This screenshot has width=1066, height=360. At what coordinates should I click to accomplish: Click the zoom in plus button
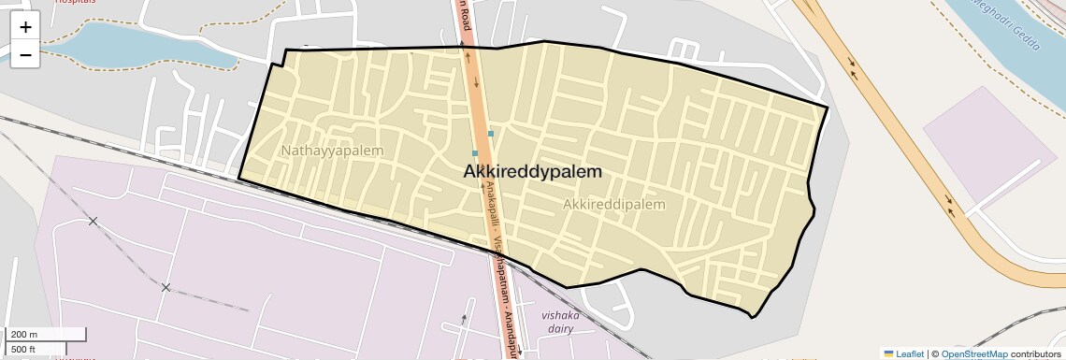pyautogui.click(x=25, y=26)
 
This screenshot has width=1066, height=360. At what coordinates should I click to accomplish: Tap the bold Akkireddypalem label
pyautogui.click(x=533, y=172)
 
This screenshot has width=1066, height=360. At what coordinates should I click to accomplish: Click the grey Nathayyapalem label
pyautogui.click(x=332, y=150)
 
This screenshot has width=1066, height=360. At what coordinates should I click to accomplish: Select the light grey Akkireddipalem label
pyautogui.click(x=614, y=204)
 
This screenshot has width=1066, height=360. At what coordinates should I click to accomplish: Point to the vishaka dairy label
pyautogui.click(x=561, y=322)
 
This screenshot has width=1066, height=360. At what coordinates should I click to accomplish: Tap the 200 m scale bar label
pyautogui.click(x=24, y=334)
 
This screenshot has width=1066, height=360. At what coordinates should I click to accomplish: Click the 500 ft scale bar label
pyautogui.click(x=23, y=349)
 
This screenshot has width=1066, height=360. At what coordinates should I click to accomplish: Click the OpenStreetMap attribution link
pyautogui.click(x=973, y=353)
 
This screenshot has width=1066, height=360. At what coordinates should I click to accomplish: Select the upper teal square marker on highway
pyautogui.click(x=491, y=134)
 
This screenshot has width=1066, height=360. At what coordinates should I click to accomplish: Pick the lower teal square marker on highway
pyautogui.click(x=475, y=153)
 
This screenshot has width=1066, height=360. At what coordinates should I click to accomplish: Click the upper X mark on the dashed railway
pyautogui.click(x=93, y=221)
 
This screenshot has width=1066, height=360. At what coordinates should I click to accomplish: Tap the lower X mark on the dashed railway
pyautogui.click(x=166, y=287)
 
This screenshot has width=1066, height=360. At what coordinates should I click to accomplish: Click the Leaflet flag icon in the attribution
pyautogui.click(x=888, y=353)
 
